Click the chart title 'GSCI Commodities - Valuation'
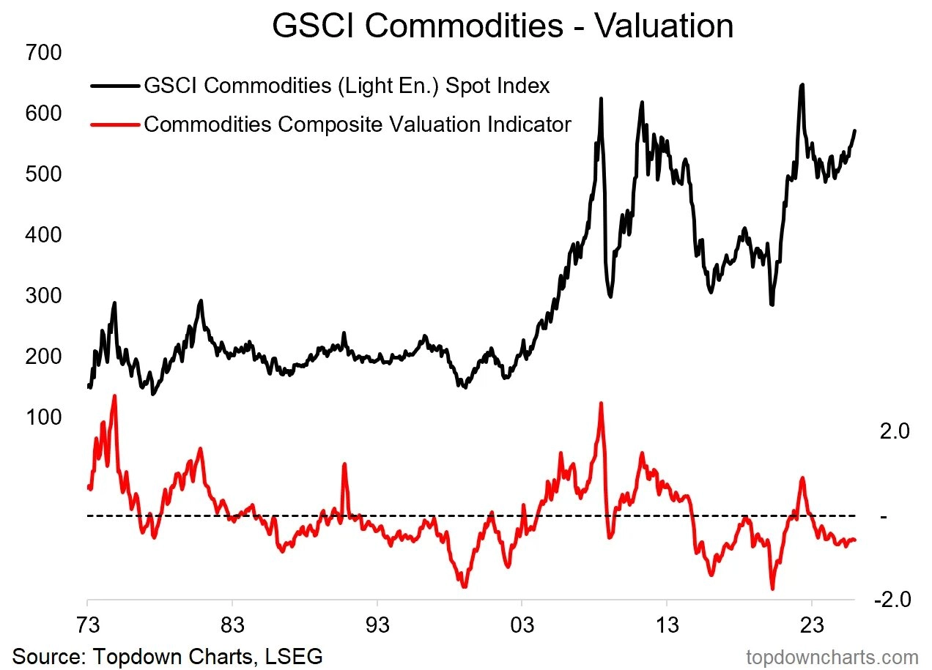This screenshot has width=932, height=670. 502,26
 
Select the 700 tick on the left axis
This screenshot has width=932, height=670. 43,53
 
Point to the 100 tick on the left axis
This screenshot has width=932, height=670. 43,417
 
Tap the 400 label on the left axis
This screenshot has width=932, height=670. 43,235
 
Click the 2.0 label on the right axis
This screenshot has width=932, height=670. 894,431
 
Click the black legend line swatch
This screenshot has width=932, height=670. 114,86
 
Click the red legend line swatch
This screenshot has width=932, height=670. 114,124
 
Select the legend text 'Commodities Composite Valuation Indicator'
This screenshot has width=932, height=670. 357,124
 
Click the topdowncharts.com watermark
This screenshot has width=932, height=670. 832,657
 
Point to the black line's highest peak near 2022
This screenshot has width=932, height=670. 802,85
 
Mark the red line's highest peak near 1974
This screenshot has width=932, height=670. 114,396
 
